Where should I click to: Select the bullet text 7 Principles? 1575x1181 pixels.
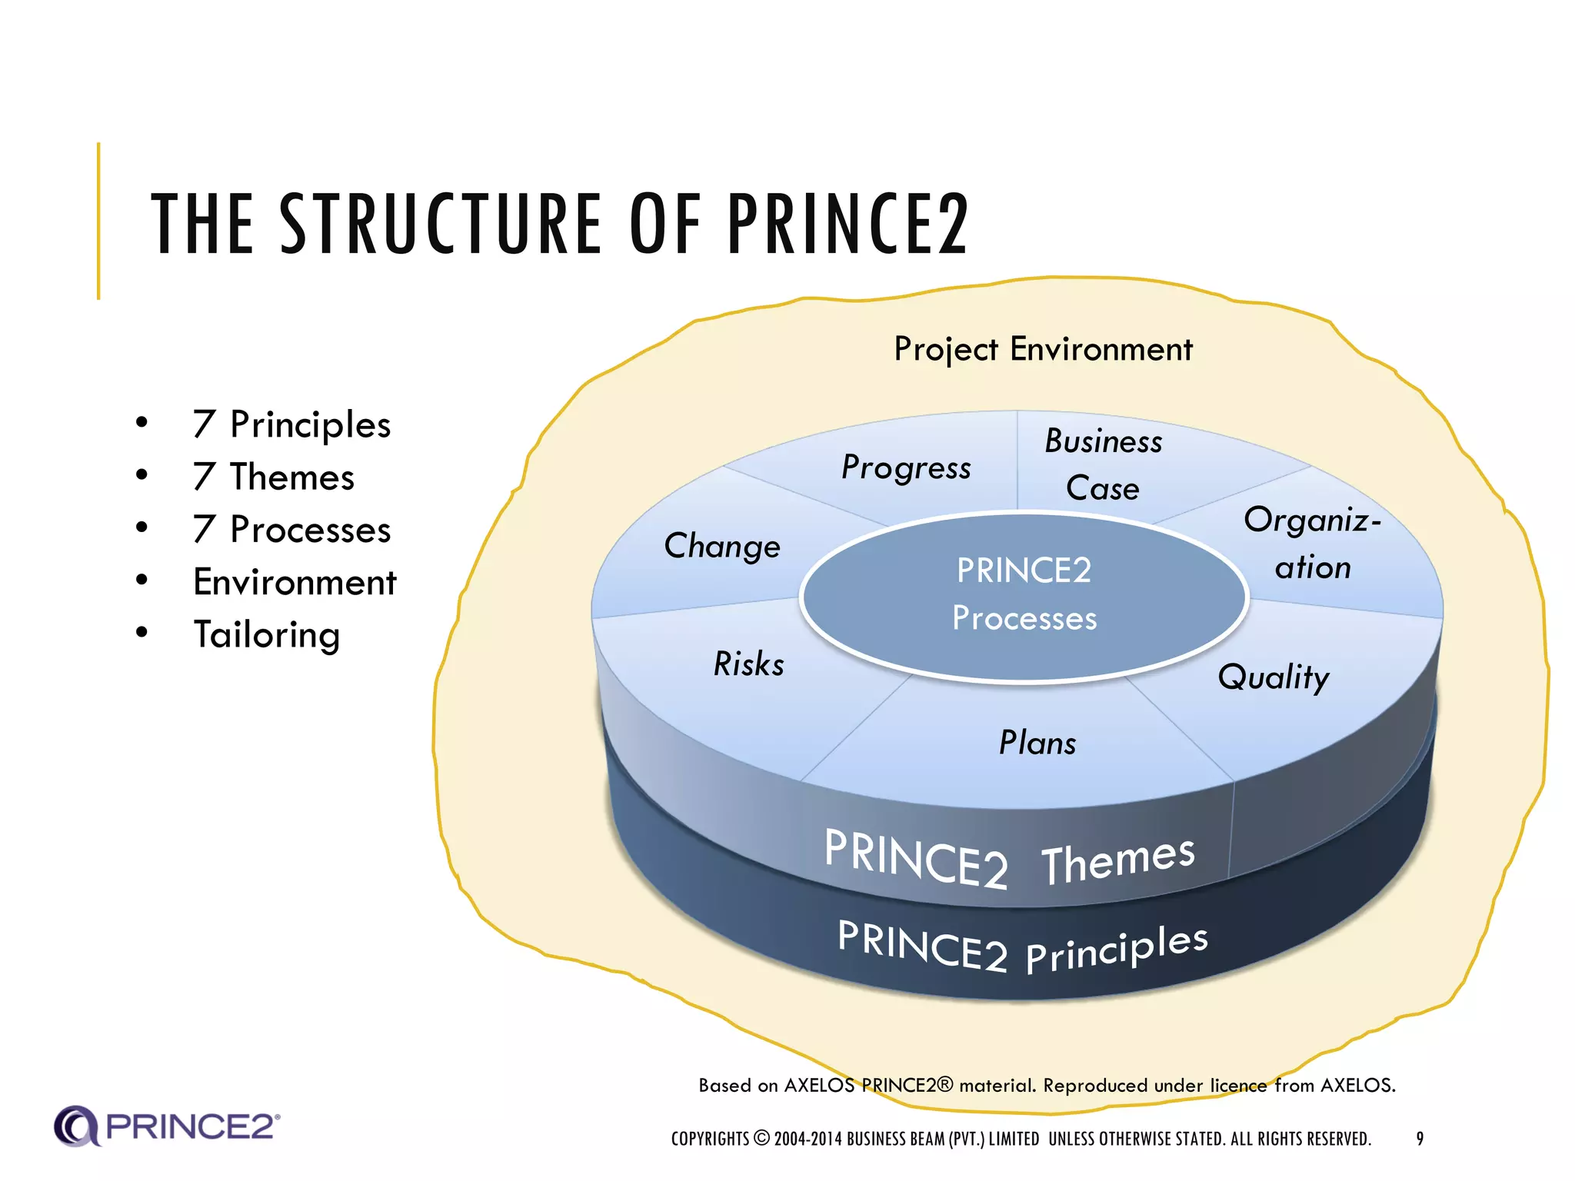[x=291, y=425]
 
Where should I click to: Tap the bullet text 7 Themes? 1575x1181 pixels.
[x=274, y=477]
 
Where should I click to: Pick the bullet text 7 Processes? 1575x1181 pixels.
[x=291, y=530]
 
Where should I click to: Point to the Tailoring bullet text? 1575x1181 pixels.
[x=266, y=635]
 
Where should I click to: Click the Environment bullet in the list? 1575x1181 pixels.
[x=295, y=582]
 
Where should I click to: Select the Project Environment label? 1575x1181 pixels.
[x=1043, y=350]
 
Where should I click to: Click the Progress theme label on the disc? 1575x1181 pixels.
[x=906, y=467]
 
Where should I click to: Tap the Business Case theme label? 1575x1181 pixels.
[x=1103, y=464]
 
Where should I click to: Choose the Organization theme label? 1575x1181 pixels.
[x=1313, y=544]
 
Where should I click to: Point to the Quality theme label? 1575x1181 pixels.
[x=1274, y=677]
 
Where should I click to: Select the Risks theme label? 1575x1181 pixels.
[x=749, y=664]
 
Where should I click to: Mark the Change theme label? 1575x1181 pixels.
[x=722, y=547]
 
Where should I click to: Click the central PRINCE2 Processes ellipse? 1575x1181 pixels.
[x=1024, y=595]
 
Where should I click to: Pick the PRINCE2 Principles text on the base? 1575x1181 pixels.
[x=1023, y=947]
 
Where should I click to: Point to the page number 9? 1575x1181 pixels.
[x=1420, y=1139]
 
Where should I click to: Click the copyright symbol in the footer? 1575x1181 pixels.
[x=761, y=1139]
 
